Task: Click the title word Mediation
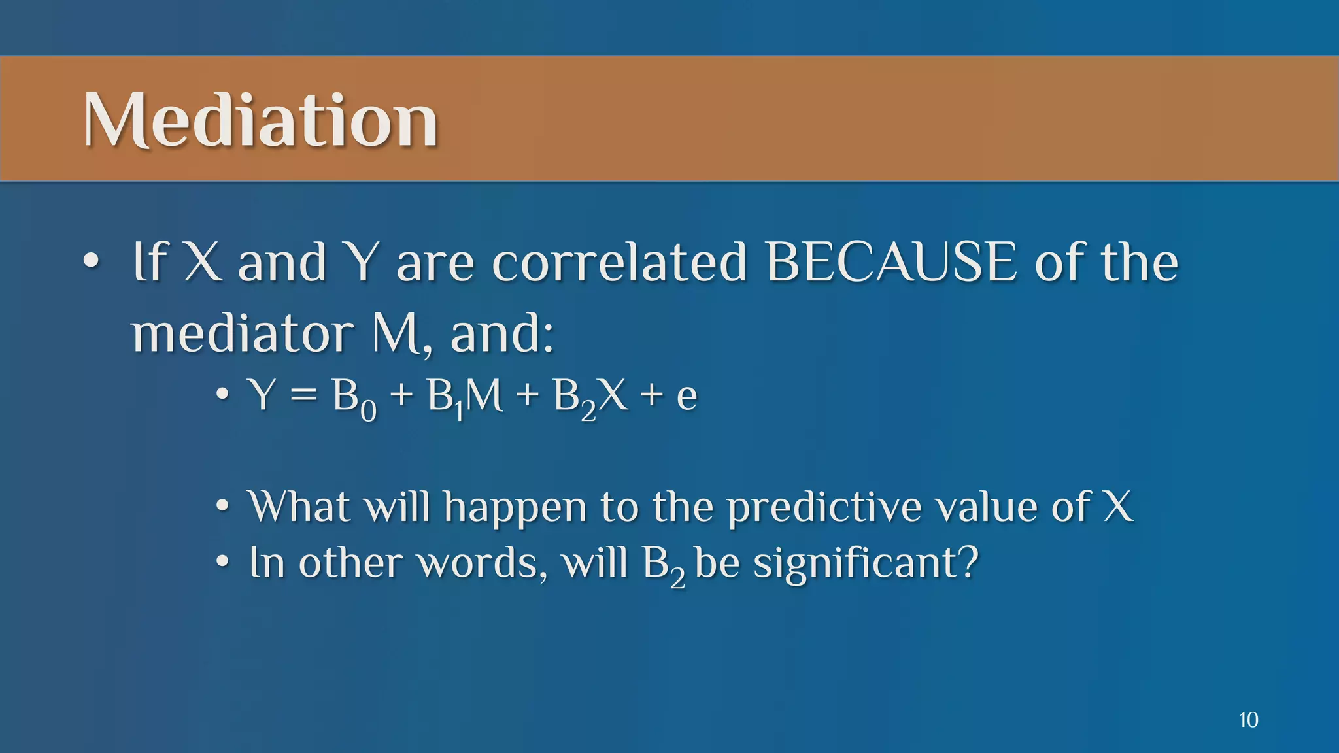(260, 120)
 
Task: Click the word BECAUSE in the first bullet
(891, 262)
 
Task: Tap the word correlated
(619, 262)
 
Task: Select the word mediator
(242, 333)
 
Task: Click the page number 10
(1248, 720)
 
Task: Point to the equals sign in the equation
(303, 396)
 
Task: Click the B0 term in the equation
(354, 399)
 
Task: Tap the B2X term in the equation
(590, 397)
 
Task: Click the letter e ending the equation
(686, 398)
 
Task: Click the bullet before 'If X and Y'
(91, 263)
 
